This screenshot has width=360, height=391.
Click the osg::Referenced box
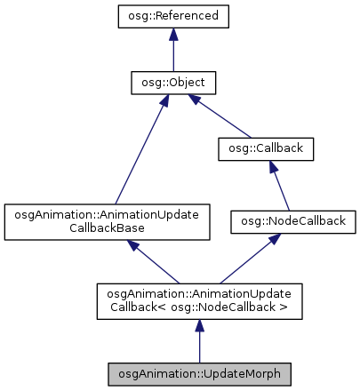tap(172, 16)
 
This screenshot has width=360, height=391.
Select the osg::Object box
tap(172, 84)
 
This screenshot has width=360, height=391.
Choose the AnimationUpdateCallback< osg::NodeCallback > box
tap(199, 300)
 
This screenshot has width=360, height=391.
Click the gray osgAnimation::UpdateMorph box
tap(199, 373)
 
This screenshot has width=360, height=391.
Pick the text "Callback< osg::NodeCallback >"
tap(199, 307)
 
